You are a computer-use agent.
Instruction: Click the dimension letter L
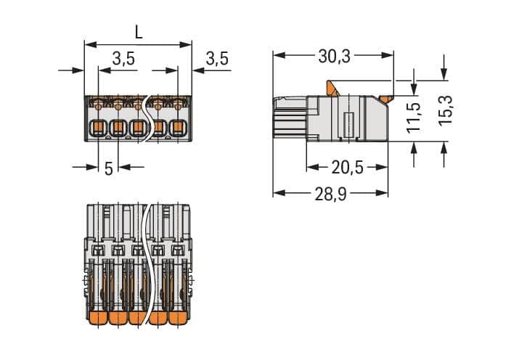138,33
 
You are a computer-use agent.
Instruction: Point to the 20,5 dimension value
346,168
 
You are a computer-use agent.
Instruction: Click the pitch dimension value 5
109,168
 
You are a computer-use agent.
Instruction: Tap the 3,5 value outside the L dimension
217,59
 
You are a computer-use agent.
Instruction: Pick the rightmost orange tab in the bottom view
179,319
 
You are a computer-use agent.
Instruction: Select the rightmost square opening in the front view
177,130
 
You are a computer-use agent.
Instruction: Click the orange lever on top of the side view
334,87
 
